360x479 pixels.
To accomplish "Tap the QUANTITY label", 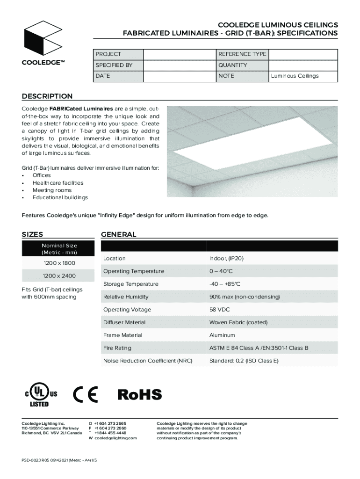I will tap(232, 65).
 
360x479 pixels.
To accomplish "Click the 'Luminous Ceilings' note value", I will tap(295, 76).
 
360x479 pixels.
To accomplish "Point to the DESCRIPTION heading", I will tap(47, 96).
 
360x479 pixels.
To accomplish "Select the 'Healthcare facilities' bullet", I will tap(58, 183).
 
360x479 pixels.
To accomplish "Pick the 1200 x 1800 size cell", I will tap(59, 263).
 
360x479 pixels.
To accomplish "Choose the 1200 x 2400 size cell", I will tap(59, 276).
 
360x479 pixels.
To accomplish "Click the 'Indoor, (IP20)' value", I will tap(226, 259).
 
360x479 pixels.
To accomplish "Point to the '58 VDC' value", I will tap(220, 310).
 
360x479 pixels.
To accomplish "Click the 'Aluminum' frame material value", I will tap(222, 335).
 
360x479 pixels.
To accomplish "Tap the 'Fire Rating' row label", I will tap(117, 348).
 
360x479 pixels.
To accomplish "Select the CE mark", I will tap(86, 395).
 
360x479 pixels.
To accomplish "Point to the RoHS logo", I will tap(139, 395).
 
